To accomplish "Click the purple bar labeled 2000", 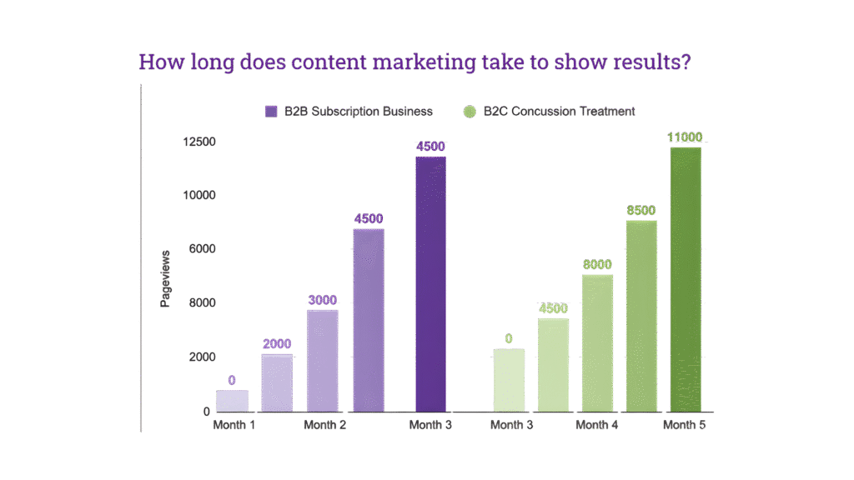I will point(277,382).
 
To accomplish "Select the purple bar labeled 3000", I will point(323,360).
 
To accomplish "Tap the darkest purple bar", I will point(430,283).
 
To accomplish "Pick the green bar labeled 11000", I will point(686,279).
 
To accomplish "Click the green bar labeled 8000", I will point(597,342).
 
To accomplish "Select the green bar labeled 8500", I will point(641,316).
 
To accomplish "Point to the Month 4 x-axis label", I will point(596,425).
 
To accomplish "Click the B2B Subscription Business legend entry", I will point(348,111).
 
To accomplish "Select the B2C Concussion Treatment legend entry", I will point(550,111).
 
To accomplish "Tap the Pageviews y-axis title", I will point(165,278).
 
